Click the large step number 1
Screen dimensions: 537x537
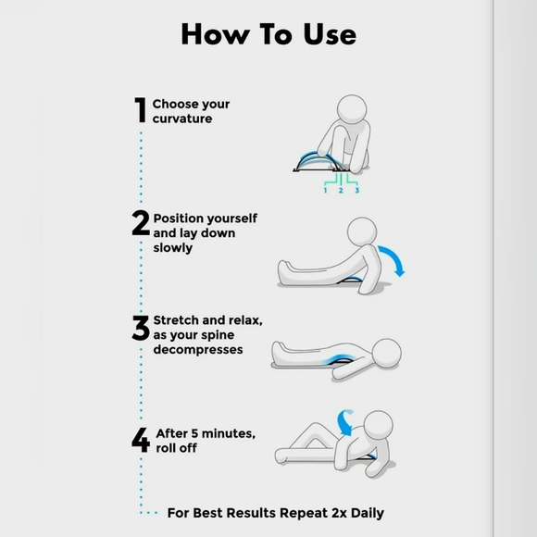click(140, 111)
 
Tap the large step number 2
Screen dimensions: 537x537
click(141, 223)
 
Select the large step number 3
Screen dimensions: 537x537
click(141, 329)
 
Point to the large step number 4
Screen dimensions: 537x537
click(141, 439)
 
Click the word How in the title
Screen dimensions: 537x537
click(212, 34)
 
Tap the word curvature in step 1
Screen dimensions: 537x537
click(182, 119)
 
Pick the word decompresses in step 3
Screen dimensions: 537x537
click(198, 350)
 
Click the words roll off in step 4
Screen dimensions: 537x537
click(176, 449)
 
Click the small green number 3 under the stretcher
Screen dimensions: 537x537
click(357, 190)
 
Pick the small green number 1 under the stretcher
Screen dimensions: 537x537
click(325, 190)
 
